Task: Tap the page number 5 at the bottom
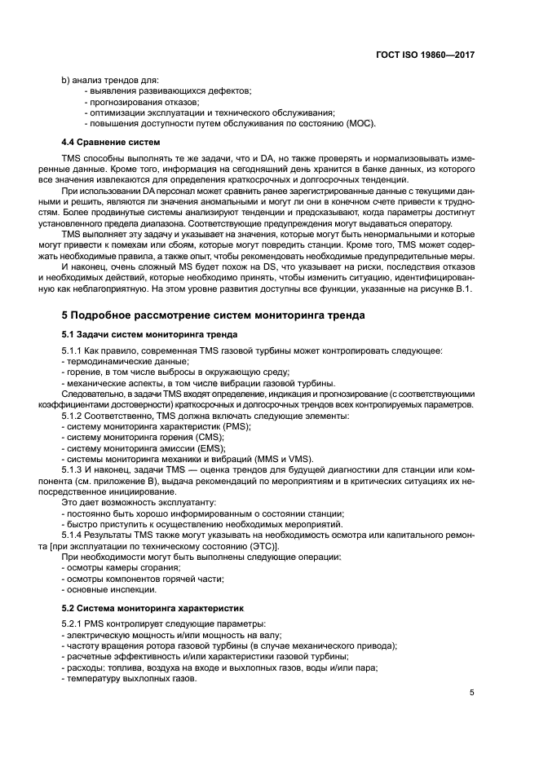pos(471,693)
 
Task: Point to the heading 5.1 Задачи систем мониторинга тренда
pos(150,335)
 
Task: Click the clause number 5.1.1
pos(74,350)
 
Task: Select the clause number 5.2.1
pos(74,624)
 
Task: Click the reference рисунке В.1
pos(448,289)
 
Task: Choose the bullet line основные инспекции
pos(108,588)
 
